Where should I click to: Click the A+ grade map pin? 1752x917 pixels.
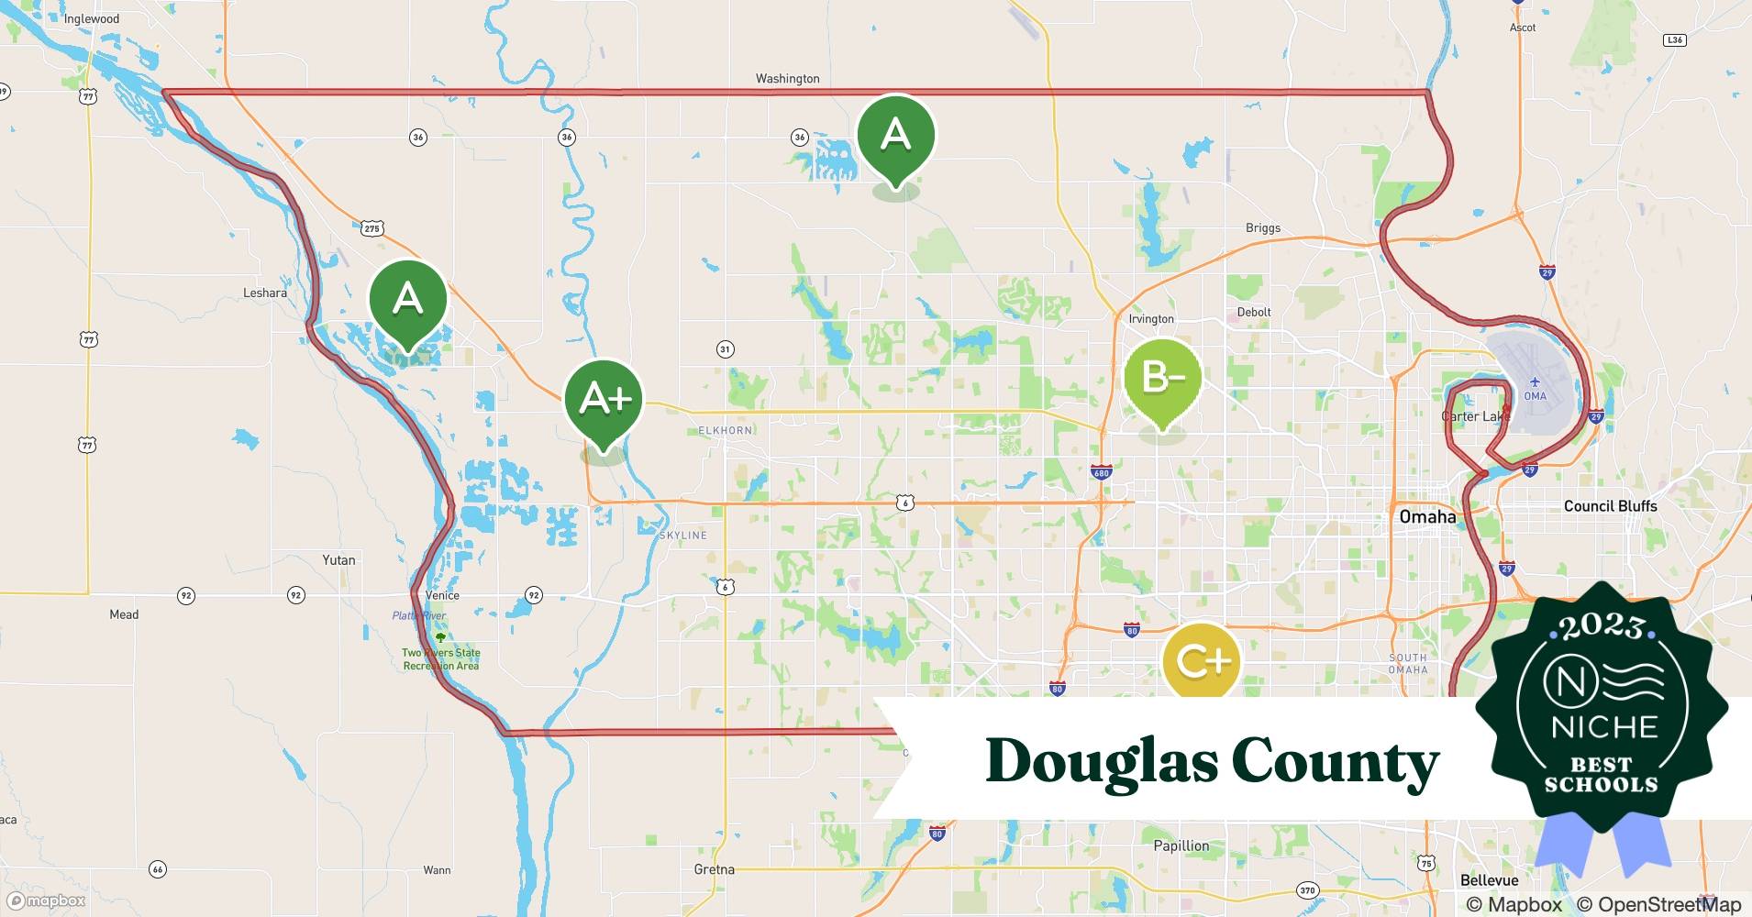[604, 400]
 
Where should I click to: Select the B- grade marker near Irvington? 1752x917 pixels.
[1162, 377]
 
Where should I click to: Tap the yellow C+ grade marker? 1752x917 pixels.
[1201, 661]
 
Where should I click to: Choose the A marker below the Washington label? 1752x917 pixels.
[895, 135]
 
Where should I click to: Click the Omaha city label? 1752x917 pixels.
[1427, 516]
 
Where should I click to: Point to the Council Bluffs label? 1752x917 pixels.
[1610, 506]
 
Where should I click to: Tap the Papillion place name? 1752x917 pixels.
[1181, 845]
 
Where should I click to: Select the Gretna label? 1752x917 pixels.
[714, 869]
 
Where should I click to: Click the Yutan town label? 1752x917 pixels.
[338, 559]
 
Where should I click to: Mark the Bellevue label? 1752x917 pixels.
[1489, 880]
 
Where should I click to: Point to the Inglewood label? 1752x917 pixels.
[92, 18]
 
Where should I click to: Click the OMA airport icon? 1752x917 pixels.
[1536, 383]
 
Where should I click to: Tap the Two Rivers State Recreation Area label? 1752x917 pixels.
[440, 658]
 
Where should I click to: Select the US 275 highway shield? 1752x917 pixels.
[371, 228]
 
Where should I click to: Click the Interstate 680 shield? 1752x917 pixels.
[1101, 473]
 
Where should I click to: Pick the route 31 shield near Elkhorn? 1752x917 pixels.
[725, 349]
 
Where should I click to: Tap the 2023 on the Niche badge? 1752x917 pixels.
[1602, 626]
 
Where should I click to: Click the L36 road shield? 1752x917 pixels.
[1674, 40]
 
